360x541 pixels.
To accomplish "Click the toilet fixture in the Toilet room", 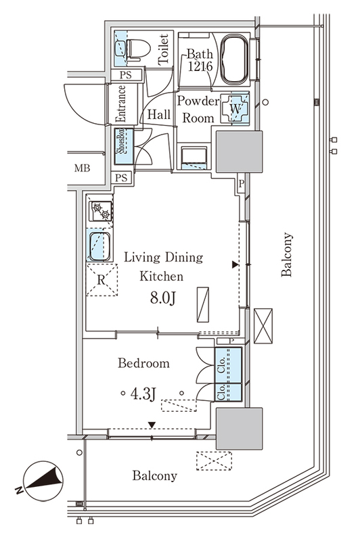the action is click(x=139, y=49).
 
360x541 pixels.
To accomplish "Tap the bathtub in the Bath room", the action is click(x=234, y=60).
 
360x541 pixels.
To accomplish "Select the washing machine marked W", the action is click(x=235, y=109).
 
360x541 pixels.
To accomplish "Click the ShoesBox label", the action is click(x=120, y=141).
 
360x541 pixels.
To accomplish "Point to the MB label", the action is click(x=82, y=168).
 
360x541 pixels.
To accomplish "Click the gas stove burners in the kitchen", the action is click(x=101, y=211).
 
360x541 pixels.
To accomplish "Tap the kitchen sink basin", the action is click(x=100, y=246).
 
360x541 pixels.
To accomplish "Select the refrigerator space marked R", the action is click(x=102, y=280).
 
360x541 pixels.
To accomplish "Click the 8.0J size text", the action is click(x=162, y=298).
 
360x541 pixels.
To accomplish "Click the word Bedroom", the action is click(x=143, y=363).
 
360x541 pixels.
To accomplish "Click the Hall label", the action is click(x=159, y=114).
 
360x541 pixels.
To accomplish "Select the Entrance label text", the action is click(x=121, y=103).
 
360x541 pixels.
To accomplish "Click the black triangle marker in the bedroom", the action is click(x=152, y=425).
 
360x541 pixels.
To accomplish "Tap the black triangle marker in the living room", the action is click(x=235, y=264).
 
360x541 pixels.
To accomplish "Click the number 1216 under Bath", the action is click(x=200, y=66).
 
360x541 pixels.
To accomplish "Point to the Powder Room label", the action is click(x=198, y=110).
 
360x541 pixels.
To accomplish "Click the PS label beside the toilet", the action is click(x=126, y=75).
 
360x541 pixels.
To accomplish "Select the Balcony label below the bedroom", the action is click(x=155, y=476).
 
